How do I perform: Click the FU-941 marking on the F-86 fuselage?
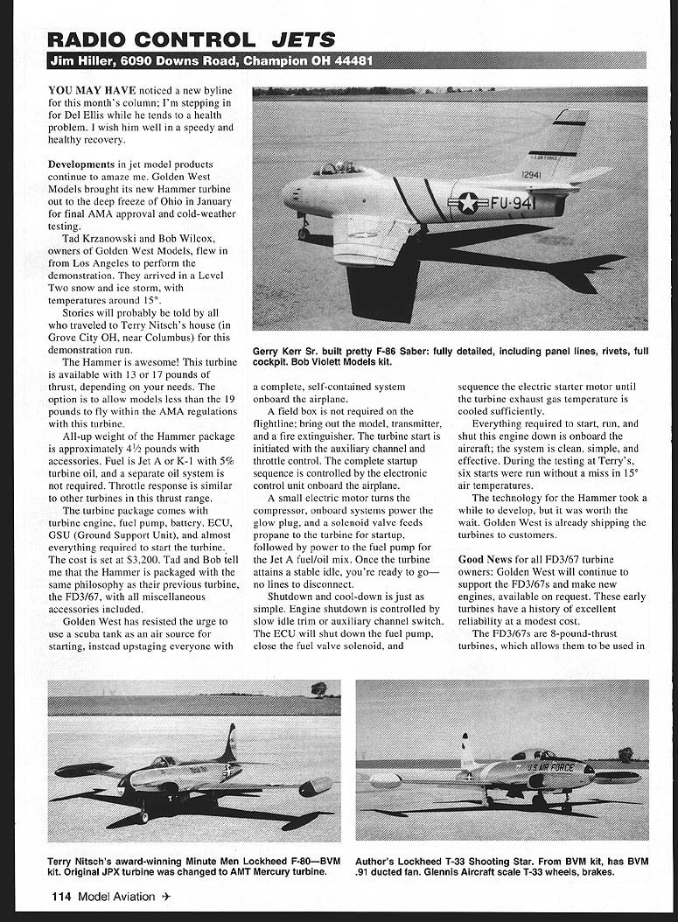pos(512,203)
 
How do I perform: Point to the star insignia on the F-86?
pos(469,203)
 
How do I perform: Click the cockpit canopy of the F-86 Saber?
pos(338,168)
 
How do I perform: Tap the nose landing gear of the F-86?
pos(304,229)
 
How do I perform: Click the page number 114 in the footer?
pos(60,896)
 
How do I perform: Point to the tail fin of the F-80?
pos(230,744)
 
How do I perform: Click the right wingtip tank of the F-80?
pos(315,786)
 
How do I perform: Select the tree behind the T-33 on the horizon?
pos(626,753)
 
